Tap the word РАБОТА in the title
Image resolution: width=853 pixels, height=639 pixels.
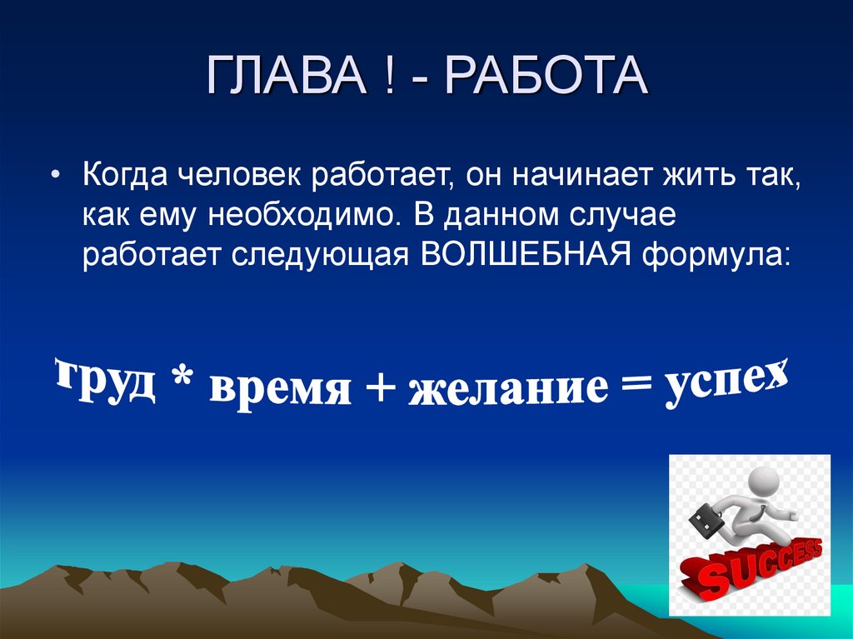click(546, 77)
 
